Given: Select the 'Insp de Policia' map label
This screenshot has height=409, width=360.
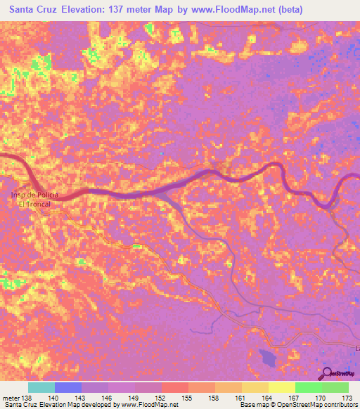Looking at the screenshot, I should coord(34,194).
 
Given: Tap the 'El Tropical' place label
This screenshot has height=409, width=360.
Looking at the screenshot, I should coord(34,203).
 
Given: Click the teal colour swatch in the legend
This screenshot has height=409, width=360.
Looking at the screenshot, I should coord(41,387).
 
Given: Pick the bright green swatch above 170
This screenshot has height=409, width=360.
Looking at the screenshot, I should coord(308,387).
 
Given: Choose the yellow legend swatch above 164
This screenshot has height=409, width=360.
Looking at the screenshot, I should coord(255,387).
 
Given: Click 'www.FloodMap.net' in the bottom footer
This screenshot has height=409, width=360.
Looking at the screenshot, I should coord(150,405).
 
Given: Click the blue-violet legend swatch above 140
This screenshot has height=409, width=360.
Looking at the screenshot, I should coord(67,387).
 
